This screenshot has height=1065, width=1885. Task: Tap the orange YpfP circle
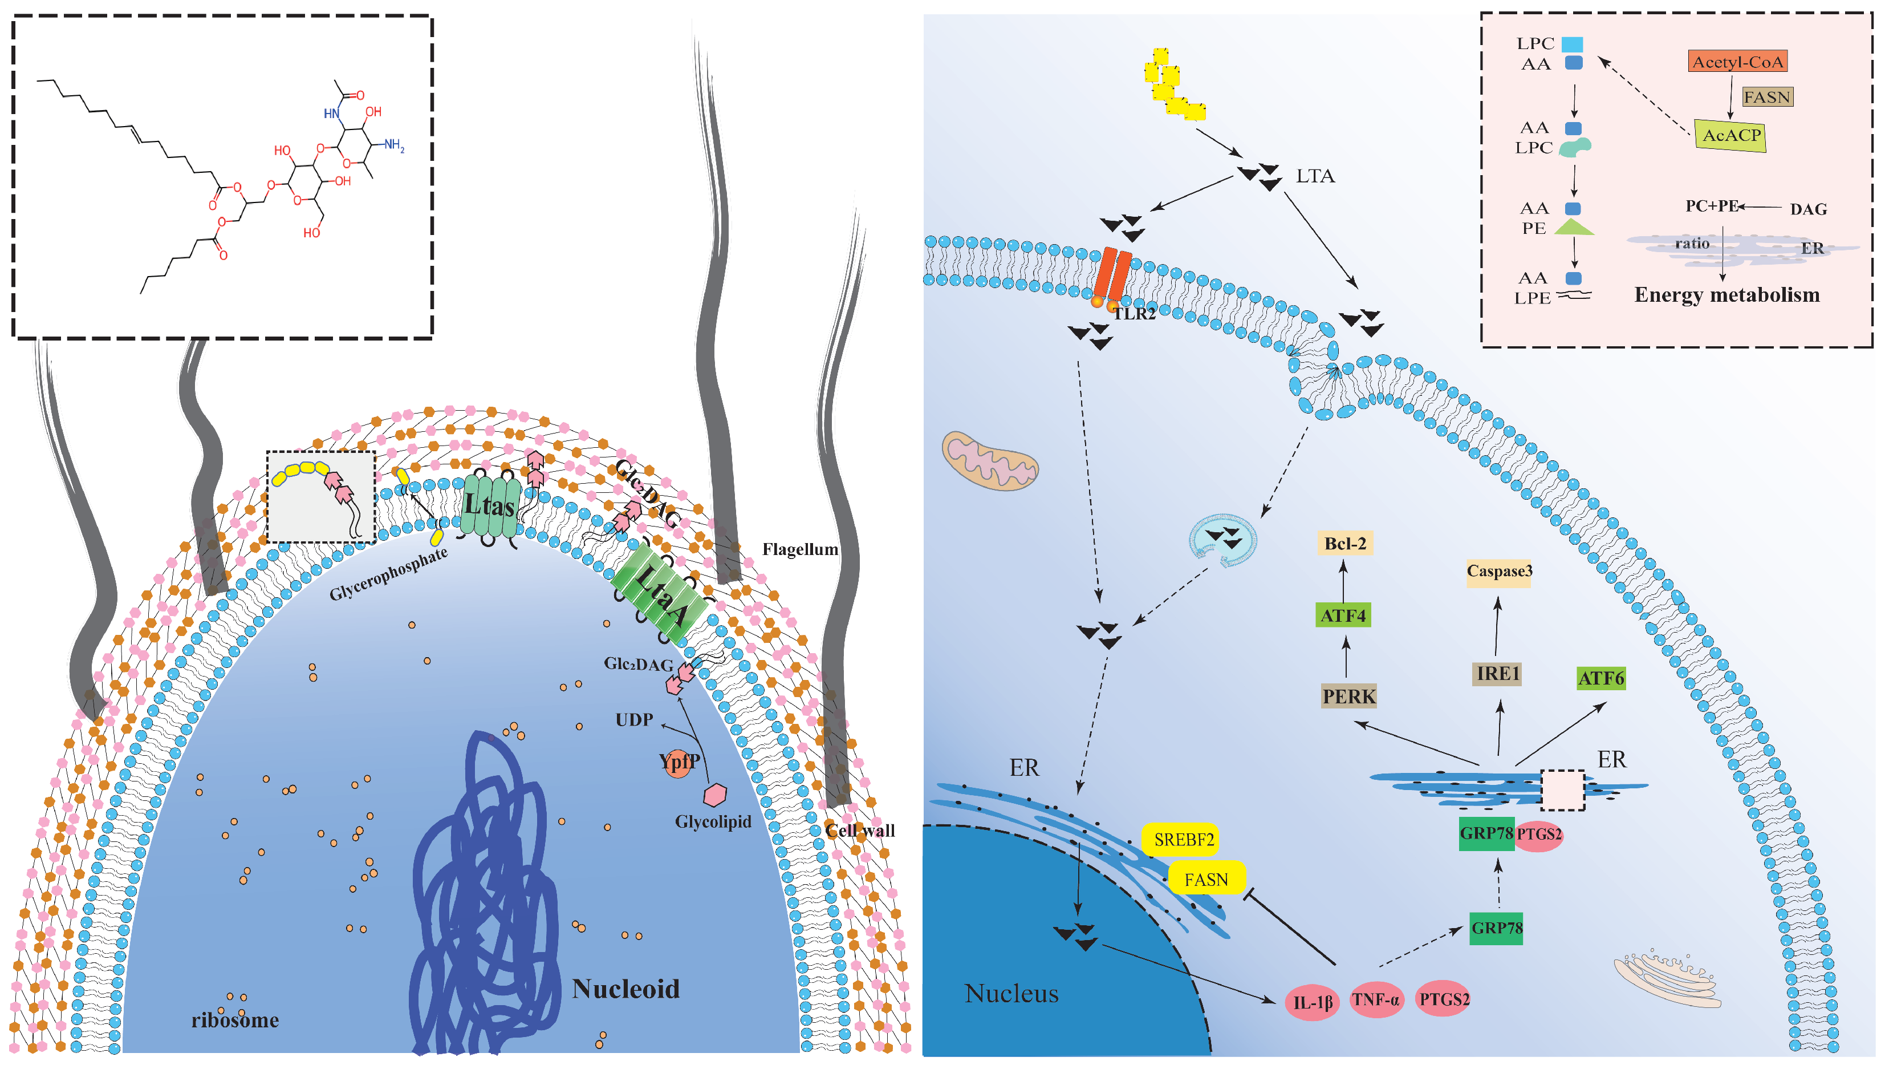point(679,763)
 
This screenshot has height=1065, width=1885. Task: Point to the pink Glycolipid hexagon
point(715,795)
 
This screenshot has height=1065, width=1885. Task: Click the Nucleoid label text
point(625,989)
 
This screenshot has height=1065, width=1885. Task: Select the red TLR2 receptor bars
point(1113,274)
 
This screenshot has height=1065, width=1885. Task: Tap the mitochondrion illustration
point(989,461)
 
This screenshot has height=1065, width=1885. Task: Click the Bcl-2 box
point(1345,544)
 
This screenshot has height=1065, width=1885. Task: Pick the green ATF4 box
point(1343,615)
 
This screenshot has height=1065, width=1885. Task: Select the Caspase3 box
point(1498,571)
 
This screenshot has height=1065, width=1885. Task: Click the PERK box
point(1348,696)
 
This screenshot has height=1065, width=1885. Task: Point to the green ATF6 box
point(1600,678)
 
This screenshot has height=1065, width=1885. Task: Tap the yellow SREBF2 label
point(1183,840)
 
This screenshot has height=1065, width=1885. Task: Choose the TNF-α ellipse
point(1376,1000)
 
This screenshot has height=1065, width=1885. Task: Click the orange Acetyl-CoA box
point(1737,62)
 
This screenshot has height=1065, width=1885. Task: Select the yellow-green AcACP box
point(1730,135)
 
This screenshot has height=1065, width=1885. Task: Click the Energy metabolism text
point(1726,295)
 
